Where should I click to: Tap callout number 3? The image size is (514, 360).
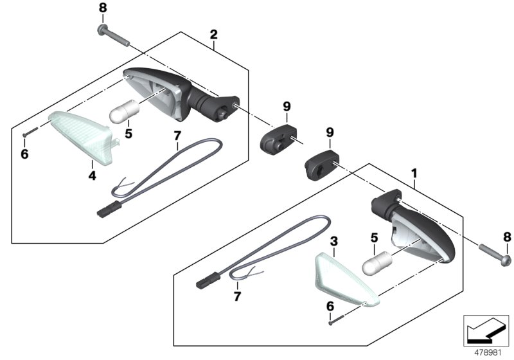334,242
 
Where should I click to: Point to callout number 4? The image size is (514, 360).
92,174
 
